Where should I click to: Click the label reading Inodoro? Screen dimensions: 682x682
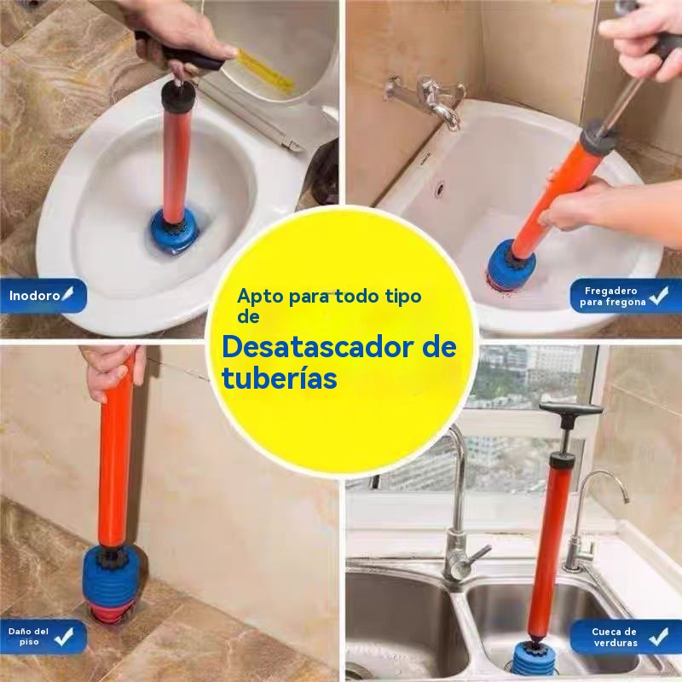pos(34,296)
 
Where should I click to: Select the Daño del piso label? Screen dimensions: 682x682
pos(28,636)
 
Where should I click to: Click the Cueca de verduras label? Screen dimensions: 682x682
pos(614,637)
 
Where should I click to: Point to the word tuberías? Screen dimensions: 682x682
pos(280,378)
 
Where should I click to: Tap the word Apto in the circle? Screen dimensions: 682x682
pos(260,297)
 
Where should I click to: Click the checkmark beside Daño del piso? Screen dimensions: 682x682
pos(64,637)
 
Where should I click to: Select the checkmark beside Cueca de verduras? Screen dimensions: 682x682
pos(658,637)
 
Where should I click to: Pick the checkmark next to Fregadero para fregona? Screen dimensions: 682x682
pos(658,296)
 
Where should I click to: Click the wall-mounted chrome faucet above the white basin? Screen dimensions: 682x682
pos(429,99)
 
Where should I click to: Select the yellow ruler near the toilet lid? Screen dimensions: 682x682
pos(264,71)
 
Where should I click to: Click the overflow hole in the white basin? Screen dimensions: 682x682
pos(440,188)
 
